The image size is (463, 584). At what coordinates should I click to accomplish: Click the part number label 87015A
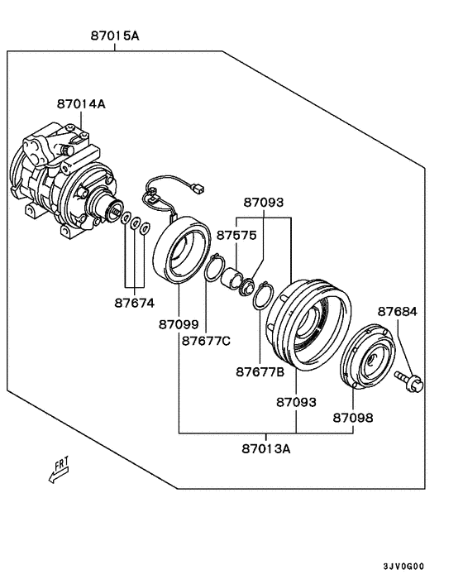coord(115,36)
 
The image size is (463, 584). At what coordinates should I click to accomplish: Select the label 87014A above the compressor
coord(81,103)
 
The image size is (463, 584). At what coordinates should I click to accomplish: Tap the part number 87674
coord(135,304)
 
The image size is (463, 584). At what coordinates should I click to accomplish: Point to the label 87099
coord(179,324)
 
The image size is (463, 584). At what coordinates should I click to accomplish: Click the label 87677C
coord(206,341)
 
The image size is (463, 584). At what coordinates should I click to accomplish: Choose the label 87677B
coord(260,371)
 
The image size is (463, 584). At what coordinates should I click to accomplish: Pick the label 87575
coord(236,236)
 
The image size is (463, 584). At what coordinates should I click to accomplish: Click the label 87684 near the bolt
coord(398,311)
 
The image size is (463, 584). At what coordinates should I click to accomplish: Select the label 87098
coord(353,418)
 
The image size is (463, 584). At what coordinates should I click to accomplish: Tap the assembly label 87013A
coord(266,449)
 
